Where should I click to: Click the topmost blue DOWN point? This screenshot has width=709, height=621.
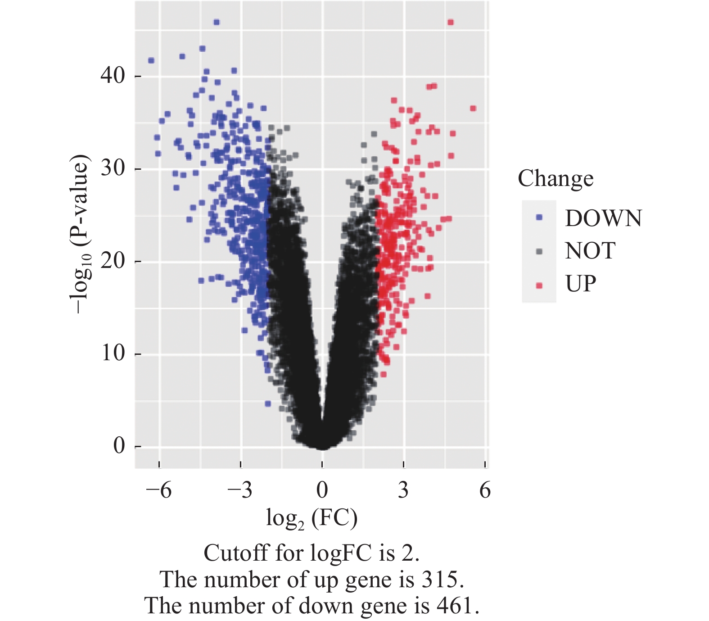(x=217, y=22)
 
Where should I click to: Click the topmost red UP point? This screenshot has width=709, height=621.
(x=451, y=22)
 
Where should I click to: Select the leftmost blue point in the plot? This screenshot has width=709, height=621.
(x=151, y=60)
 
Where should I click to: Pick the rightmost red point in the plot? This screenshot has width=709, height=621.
(x=473, y=109)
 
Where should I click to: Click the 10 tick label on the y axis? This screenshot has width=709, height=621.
(x=113, y=353)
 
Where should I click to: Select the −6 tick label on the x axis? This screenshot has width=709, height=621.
(x=159, y=490)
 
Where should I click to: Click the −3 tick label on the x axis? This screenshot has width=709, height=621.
(x=240, y=490)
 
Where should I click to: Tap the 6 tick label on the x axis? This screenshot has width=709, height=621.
(x=485, y=490)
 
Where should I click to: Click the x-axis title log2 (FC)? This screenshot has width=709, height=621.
(x=312, y=518)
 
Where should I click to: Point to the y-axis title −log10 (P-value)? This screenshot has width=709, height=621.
(x=80, y=234)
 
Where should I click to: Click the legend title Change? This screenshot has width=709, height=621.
(x=555, y=178)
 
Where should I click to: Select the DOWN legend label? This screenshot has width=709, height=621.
(x=603, y=218)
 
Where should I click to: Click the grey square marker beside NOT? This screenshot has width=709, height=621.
(x=539, y=251)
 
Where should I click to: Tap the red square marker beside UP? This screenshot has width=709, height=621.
(x=539, y=285)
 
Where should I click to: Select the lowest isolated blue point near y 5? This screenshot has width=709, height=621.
(x=268, y=403)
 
